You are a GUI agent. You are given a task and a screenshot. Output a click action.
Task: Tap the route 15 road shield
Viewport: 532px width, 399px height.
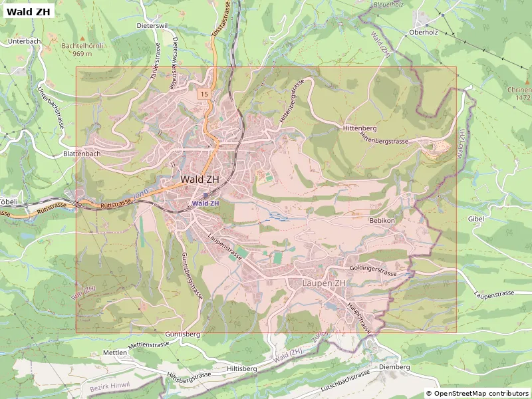[203, 94]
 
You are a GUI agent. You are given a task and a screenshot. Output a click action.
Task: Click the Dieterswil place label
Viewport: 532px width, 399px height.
[152, 25]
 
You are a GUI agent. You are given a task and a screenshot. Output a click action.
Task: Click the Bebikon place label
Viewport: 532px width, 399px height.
[382, 220]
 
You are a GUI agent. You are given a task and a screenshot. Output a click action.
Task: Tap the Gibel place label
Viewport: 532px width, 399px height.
[476, 218]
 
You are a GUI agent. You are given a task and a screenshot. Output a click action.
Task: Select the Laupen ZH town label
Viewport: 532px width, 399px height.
[324, 283]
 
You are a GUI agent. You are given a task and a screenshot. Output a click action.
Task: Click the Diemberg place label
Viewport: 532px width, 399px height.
[393, 366]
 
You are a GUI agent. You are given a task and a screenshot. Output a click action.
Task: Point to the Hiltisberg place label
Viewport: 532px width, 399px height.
[242, 368]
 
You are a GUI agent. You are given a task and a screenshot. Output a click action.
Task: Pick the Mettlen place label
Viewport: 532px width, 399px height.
[115, 352]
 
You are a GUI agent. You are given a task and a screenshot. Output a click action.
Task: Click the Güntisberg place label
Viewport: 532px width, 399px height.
[182, 334]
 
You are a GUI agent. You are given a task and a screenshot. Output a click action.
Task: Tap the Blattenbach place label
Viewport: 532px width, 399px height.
[81, 154]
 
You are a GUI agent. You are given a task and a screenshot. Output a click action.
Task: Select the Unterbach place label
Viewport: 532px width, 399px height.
[25, 41]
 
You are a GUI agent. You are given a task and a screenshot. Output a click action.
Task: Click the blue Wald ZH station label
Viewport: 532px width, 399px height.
[205, 203]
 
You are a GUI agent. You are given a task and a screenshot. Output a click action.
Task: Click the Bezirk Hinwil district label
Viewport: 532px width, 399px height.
[110, 386]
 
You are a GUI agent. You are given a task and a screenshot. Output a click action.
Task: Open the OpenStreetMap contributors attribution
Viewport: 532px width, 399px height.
[477, 393]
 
